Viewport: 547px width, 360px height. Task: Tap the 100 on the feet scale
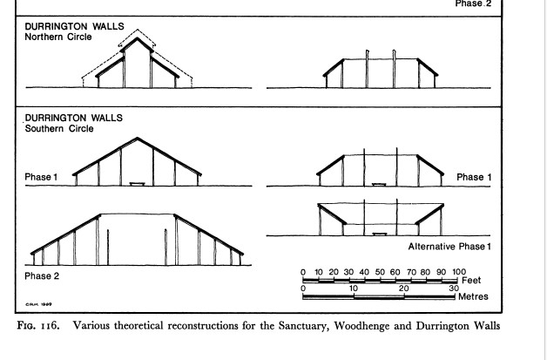pos(459,273)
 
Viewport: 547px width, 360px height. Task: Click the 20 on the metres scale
pos(404,287)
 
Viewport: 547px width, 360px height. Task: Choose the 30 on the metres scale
pos(454,287)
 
